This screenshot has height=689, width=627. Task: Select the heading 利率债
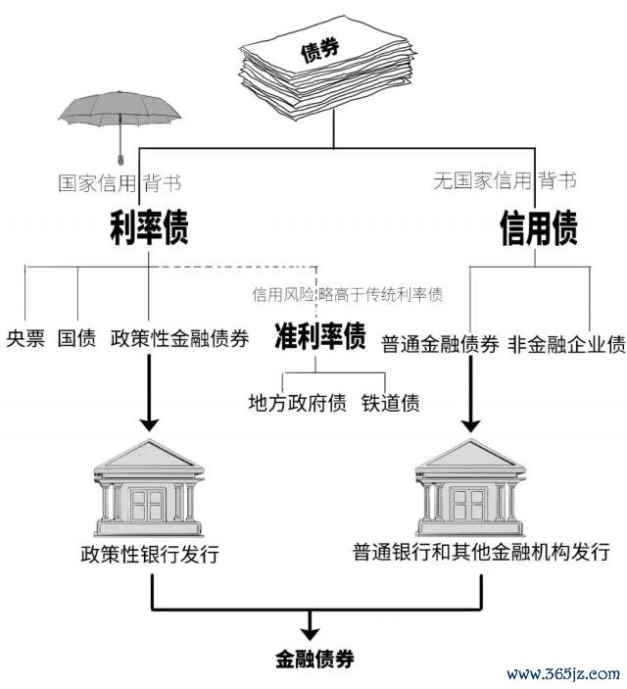pyautogui.click(x=148, y=228)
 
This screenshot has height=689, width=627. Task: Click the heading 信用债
pyautogui.click(x=538, y=228)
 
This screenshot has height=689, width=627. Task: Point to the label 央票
pyautogui.click(x=25, y=341)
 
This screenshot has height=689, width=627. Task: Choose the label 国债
pyautogui.click(x=76, y=341)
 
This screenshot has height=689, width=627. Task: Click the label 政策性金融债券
pyautogui.click(x=179, y=341)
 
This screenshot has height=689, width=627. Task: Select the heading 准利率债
pyautogui.click(x=319, y=336)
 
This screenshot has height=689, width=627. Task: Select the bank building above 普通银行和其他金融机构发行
pyautogui.click(x=472, y=484)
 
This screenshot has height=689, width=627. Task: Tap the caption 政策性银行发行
pyautogui.click(x=149, y=555)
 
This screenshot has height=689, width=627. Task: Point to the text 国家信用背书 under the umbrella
pyautogui.click(x=119, y=182)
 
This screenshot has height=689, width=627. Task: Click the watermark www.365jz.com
pyautogui.click(x=562, y=673)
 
